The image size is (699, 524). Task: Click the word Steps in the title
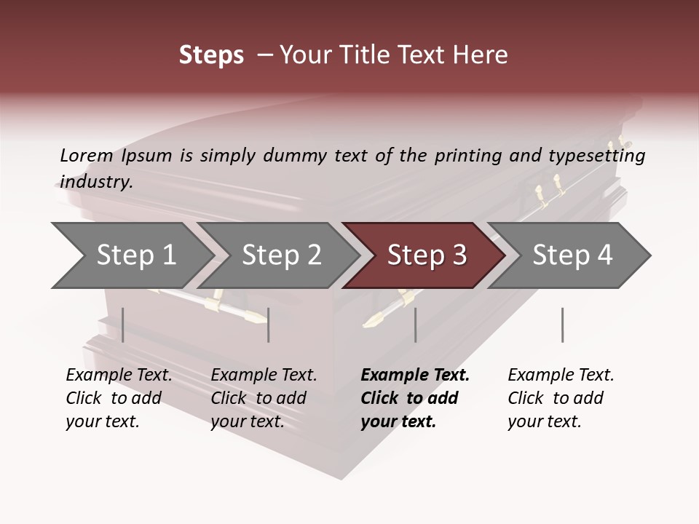click(x=211, y=55)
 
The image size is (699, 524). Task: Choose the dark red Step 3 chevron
click(x=426, y=255)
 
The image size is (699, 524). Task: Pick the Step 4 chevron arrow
click(x=572, y=255)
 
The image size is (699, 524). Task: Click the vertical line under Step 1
click(x=123, y=325)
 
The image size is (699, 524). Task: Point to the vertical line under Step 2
click(x=269, y=325)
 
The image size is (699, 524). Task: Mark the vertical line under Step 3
click(x=415, y=325)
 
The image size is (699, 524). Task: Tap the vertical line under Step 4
click(x=562, y=325)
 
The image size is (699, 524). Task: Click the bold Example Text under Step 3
click(x=415, y=398)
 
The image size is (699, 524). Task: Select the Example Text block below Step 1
click(x=119, y=398)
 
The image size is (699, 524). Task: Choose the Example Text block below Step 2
click(x=264, y=398)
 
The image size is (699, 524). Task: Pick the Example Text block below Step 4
click(x=561, y=398)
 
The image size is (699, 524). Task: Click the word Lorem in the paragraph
click(x=87, y=155)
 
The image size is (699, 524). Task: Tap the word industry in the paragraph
click(x=95, y=182)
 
